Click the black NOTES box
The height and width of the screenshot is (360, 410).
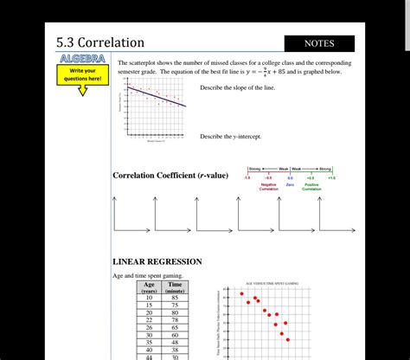(319, 43)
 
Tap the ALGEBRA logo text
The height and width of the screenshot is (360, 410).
(83, 59)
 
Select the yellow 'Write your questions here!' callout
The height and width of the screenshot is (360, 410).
(83, 75)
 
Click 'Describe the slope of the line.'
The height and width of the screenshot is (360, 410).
(237, 88)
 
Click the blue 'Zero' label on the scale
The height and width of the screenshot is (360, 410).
(291, 183)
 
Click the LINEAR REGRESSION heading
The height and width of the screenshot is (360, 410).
(157, 261)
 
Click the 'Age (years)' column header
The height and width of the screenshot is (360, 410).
(150, 287)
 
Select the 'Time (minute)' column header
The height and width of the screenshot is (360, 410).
(175, 287)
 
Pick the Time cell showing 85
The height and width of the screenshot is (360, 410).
(175, 298)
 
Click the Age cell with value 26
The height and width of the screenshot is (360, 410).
(150, 328)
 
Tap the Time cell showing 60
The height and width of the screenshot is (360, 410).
(175, 336)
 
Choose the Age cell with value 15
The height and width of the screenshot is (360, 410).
(150, 305)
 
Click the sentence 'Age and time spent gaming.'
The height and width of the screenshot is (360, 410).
(148, 276)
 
